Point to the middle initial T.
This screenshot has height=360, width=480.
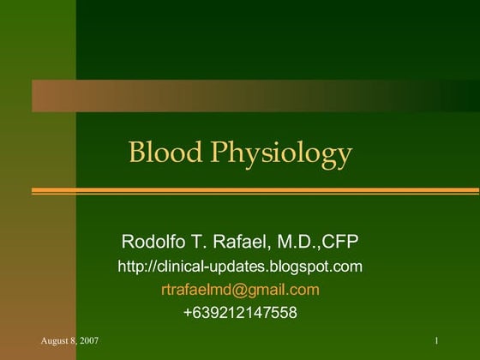(195, 239)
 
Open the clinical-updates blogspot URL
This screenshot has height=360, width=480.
(240, 267)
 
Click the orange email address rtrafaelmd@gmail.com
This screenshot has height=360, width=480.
(240, 290)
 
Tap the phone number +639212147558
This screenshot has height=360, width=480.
(240, 313)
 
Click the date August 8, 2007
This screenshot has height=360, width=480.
(69, 342)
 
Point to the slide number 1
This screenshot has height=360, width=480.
(436, 342)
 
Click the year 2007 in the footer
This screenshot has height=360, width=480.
(88, 342)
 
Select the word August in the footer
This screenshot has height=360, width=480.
(54, 342)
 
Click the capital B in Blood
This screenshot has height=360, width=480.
(135, 153)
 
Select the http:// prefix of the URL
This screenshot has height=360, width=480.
(134, 267)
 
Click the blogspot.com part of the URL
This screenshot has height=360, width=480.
(319, 267)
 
